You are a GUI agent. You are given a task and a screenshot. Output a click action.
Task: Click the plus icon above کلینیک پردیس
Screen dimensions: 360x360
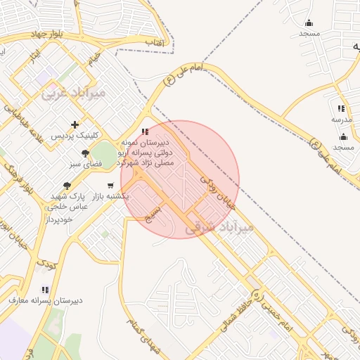(75, 124)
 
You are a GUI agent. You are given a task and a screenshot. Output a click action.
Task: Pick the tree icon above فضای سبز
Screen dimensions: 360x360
(86, 153)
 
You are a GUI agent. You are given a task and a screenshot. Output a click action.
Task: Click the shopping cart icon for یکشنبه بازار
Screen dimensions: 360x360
(110, 186)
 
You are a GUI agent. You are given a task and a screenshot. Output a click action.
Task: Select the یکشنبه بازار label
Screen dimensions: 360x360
(112, 196)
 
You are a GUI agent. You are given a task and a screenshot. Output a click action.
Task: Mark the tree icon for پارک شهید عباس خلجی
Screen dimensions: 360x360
(67, 186)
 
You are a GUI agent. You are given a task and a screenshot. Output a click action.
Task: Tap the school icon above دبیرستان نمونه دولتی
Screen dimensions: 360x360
(145, 131)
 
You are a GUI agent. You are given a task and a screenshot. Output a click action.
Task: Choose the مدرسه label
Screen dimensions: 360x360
(341, 120)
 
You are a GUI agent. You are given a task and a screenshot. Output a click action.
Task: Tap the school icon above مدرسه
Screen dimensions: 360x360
(341, 109)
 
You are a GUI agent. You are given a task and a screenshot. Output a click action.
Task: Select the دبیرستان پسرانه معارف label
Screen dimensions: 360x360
(46, 300)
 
